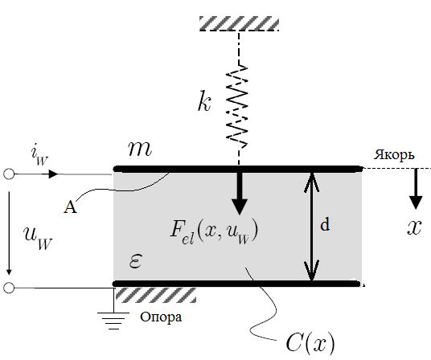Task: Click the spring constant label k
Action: pyautogui.click(x=204, y=101)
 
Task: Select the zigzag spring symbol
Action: pyautogui.click(x=238, y=106)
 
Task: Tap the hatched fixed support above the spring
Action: pyautogui.click(x=239, y=23)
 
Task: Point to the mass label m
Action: pyautogui.click(x=140, y=149)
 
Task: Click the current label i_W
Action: pyautogui.click(x=39, y=156)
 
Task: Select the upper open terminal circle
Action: pyautogui.click(x=9, y=174)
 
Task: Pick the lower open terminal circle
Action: pyautogui.click(x=9, y=288)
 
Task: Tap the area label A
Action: pyautogui.click(x=70, y=207)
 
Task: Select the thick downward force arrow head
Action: pyautogui.click(x=240, y=207)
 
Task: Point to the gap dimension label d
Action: pyautogui.click(x=325, y=225)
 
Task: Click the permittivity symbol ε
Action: pyautogui.click(x=135, y=260)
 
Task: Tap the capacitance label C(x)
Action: pyautogui.click(x=310, y=343)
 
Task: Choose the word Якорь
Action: pyautogui.click(x=394, y=155)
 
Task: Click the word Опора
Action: pyautogui.click(x=161, y=317)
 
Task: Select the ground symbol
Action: pyautogui.click(x=113, y=321)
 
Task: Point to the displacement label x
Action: pyautogui.click(x=414, y=227)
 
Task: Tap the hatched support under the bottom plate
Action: pyautogui.click(x=155, y=295)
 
